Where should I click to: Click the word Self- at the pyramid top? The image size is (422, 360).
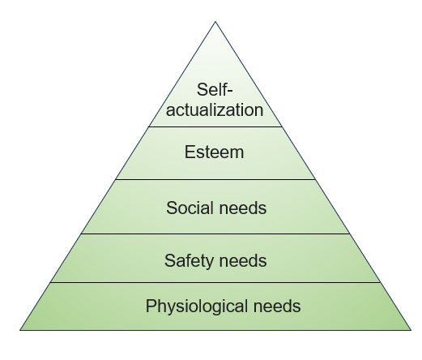click(215, 89)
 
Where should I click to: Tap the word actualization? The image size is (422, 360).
click(215, 110)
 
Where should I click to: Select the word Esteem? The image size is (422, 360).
click(214, 152)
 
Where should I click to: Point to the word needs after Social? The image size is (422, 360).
click(243, 208)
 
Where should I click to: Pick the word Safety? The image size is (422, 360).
click(189, 261)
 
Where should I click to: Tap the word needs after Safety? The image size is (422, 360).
click(243, 261)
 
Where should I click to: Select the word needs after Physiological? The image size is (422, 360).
click(277, 306)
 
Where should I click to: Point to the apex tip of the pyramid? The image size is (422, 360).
click(215, 22)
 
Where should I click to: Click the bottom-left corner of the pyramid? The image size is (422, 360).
click(20, 330)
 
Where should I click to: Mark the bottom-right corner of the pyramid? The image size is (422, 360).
click(411, 330)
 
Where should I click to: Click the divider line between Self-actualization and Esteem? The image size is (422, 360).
click(215, 126)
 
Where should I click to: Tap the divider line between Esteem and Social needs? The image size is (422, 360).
click(215, 179)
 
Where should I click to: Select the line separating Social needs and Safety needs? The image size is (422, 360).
click(215, 234)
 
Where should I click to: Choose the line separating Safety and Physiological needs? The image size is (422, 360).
click(215, 282)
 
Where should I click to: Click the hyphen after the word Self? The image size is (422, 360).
click(229, 92)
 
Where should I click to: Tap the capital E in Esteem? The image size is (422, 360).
click(190, 152)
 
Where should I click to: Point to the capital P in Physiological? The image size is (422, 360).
click(151, 306)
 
